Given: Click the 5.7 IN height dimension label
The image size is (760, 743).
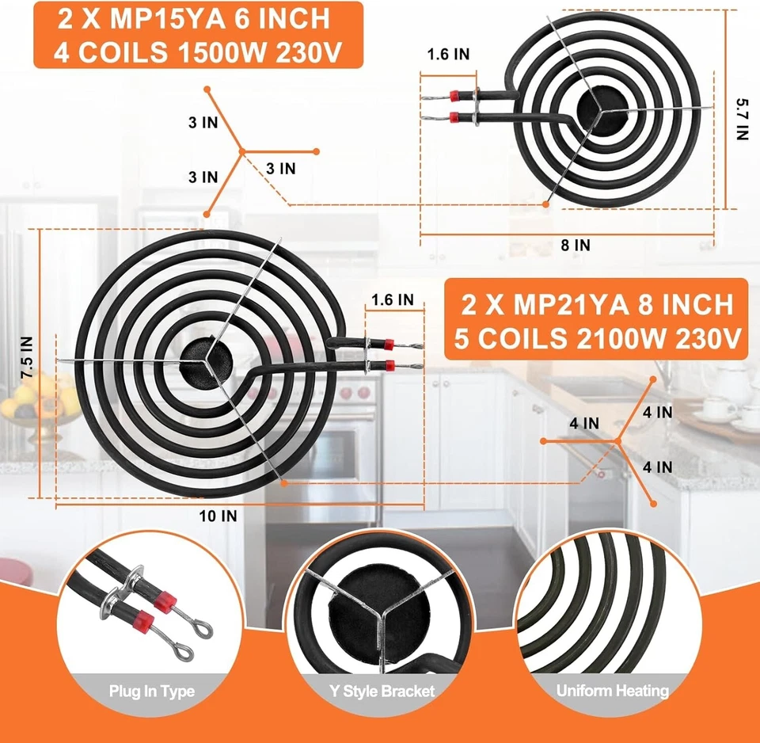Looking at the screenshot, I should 741,119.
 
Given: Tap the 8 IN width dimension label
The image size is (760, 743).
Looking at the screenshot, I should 576,246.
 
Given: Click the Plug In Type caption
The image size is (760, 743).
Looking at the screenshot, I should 152,692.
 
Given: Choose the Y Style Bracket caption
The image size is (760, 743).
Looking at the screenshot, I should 382,692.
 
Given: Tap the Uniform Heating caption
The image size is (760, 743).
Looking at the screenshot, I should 612,692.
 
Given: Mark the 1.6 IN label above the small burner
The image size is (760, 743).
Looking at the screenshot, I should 448,55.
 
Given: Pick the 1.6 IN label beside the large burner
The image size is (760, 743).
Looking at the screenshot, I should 392,300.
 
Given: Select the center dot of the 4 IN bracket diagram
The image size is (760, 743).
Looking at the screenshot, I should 617,440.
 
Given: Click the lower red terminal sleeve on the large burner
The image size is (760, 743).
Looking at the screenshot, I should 388,366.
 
